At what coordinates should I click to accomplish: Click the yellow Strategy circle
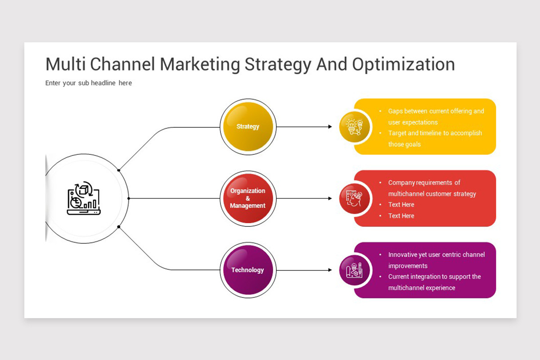tap(248, 126)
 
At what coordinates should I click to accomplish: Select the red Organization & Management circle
tap(248, 198)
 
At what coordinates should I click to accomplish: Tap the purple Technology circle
tap(248, 270)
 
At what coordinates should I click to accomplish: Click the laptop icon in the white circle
tap(84, 198)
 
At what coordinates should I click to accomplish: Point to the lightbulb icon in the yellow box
tap(355, 127)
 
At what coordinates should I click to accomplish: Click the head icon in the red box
tap(354, 198)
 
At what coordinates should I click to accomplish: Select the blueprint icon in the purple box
tap(354, 270)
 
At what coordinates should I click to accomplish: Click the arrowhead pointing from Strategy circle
tap(330, 126)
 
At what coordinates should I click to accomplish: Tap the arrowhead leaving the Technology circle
tap(330, 270)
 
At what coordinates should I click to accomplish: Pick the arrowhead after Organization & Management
tap(330, 198)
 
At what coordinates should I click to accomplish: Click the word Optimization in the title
tap(404, 65)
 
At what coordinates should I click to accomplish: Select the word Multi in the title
tap(66, 64)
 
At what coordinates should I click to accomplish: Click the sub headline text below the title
tap(89, 83)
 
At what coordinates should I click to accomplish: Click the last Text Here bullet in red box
tap(401, 216)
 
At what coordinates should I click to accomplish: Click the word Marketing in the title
tap(200, 65)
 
